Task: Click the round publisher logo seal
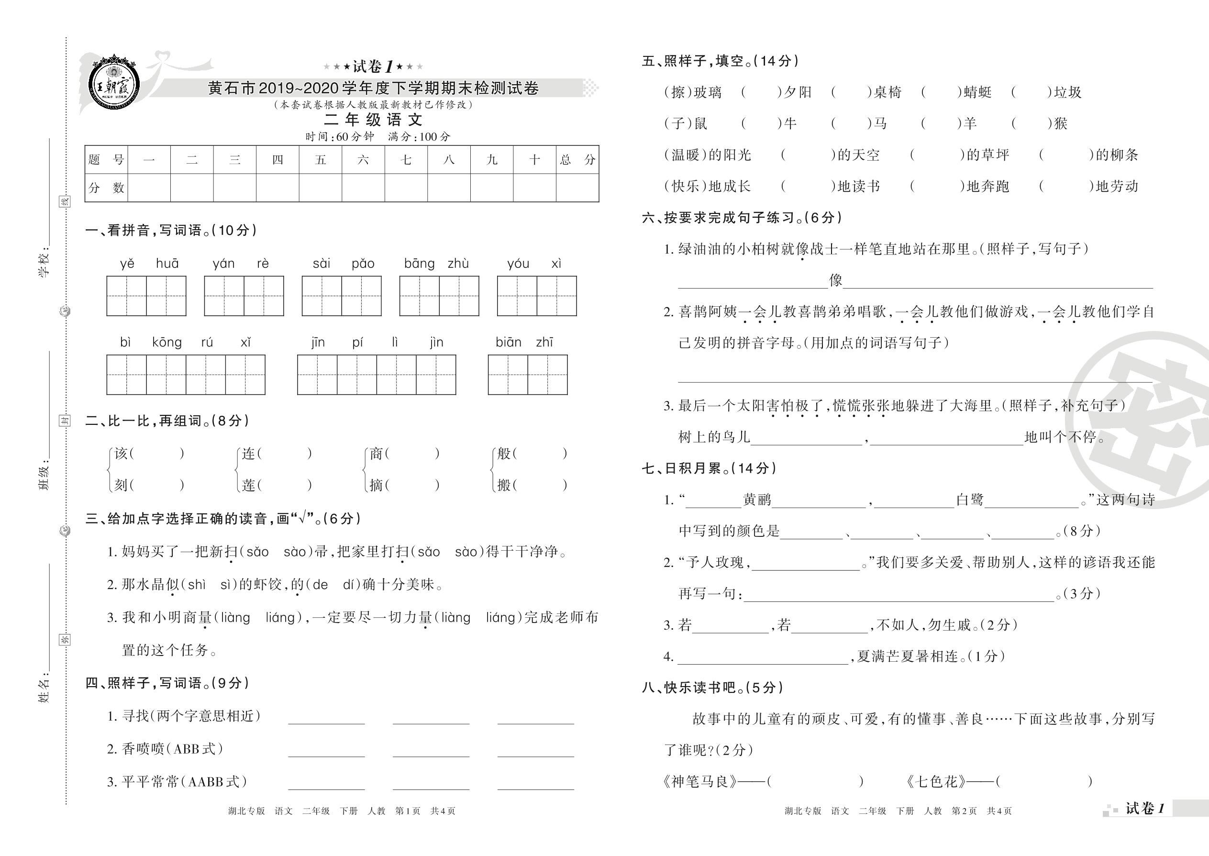(x=114, y=84)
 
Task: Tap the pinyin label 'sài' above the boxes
(x=322, y=264)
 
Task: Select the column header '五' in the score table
(x=321, y=160)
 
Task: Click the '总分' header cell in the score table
(x=577, y=160)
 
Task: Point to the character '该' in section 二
(x=121, y=453)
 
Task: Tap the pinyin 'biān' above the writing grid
(x=508, y=343)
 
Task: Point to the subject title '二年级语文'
(x=373, y=120)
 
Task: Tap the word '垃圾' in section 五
(x=1068, y=93)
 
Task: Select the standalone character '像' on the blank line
(x=835, y=280)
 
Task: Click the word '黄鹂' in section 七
(x=757, y=500)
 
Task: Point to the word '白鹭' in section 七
(x=970, y=500)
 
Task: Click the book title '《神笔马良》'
(x=699, y=781)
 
